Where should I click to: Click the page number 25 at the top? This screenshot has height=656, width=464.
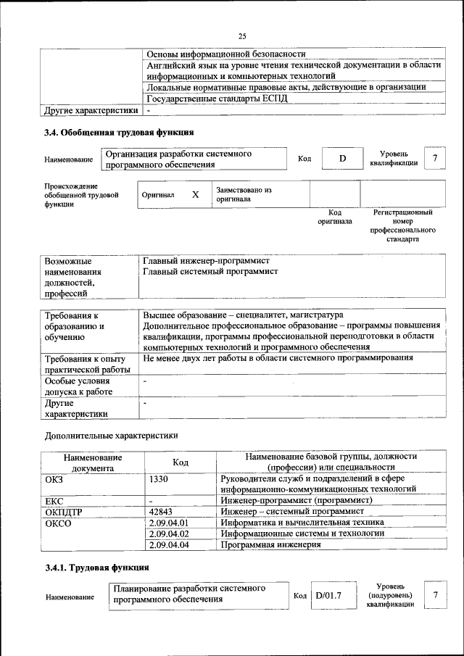242,37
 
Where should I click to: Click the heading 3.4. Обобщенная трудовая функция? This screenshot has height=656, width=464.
119,133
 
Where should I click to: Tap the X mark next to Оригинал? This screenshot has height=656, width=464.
195,195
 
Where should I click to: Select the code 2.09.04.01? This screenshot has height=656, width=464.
168,522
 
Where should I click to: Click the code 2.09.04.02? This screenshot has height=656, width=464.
168,533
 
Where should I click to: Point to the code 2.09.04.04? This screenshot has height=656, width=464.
168,545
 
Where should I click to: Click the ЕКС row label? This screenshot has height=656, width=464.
54,500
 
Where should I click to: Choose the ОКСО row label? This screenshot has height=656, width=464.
59,522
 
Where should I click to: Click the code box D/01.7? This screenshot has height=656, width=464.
328,596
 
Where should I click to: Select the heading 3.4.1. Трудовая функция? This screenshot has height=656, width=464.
97,567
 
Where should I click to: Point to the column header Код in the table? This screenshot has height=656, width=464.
181,462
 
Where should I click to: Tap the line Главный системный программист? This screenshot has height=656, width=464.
210,271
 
